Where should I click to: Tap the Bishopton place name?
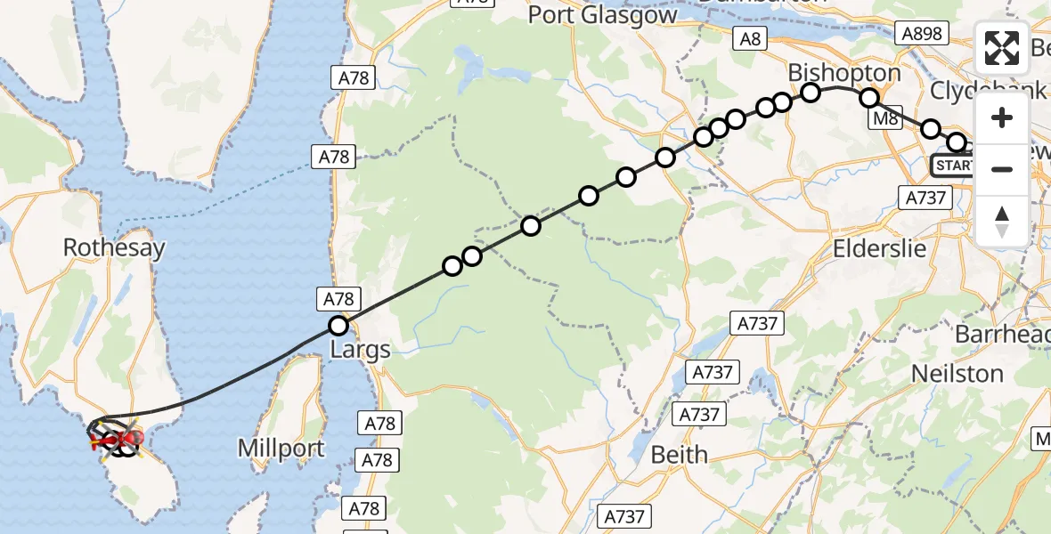pos(844,72)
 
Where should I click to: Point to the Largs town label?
pos(361,349)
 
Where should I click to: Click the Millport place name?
pos(281,449)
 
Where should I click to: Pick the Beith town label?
pos(680,455)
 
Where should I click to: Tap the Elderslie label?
pos(879,248)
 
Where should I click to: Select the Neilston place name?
pos(957,373)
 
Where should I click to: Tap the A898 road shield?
pos(921,33)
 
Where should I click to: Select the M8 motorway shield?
pos(884,118)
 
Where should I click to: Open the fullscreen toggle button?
pos(1002,49)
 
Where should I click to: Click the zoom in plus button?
pos(1002,118)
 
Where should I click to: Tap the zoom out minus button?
pos(1002,169)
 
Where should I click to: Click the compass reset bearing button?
pos(1002,221)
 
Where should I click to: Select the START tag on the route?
pos(953,166)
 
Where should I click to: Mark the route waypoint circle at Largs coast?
pos(338,326)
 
